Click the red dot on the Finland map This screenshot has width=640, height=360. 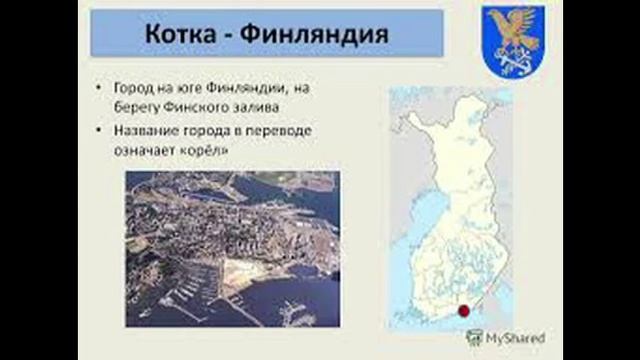463,312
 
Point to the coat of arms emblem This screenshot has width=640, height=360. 512,41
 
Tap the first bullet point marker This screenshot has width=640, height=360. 100,88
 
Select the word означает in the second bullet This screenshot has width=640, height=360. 140,150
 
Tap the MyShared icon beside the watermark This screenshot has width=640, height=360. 474,337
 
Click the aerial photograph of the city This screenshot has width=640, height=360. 232,248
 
